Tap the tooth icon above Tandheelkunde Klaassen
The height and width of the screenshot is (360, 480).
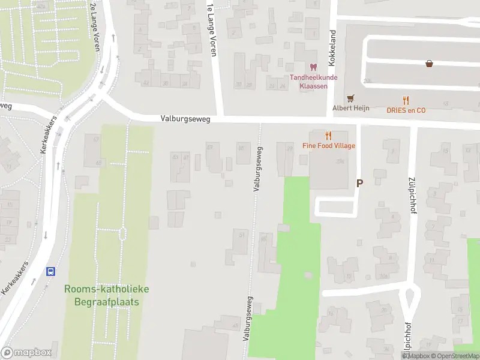click(312, 67)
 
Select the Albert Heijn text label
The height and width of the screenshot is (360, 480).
click(351, 108)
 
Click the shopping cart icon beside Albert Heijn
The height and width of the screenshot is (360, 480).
click(350, 98)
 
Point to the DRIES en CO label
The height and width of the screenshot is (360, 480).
click(406, 110)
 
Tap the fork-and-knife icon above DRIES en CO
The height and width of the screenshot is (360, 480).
click(406, 100)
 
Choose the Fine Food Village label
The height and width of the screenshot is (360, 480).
click(328, 146)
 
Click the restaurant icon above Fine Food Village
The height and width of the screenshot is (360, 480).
click(328, 136)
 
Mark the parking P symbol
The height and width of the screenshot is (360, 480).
click(360, 184)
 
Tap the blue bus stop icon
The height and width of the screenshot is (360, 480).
click(52, 271)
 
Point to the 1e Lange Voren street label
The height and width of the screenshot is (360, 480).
click(211, 30)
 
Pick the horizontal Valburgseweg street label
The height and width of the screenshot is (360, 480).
click(185, 119)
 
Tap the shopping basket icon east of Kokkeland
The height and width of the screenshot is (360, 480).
click(430, 63)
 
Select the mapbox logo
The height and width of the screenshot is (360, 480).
click(26, 353)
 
